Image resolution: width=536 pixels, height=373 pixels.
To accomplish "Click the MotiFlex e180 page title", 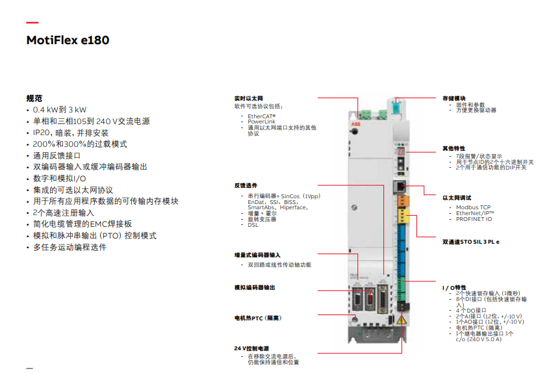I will [x=68, y=40].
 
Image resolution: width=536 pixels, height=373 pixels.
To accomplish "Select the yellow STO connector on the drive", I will [x=402, y=215].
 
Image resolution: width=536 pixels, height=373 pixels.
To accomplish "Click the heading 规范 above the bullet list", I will [x=34, y=98].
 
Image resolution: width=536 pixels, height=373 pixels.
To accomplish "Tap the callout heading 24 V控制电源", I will [x=251, y=348].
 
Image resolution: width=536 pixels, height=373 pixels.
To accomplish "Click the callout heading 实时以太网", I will [x=248, y=98].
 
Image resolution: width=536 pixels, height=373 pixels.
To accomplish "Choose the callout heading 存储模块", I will [x=454, y=98].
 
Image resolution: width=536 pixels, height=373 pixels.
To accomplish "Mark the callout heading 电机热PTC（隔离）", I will [x=258, y=318].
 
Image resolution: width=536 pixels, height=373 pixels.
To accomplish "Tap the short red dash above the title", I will [x=32, y=23].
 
